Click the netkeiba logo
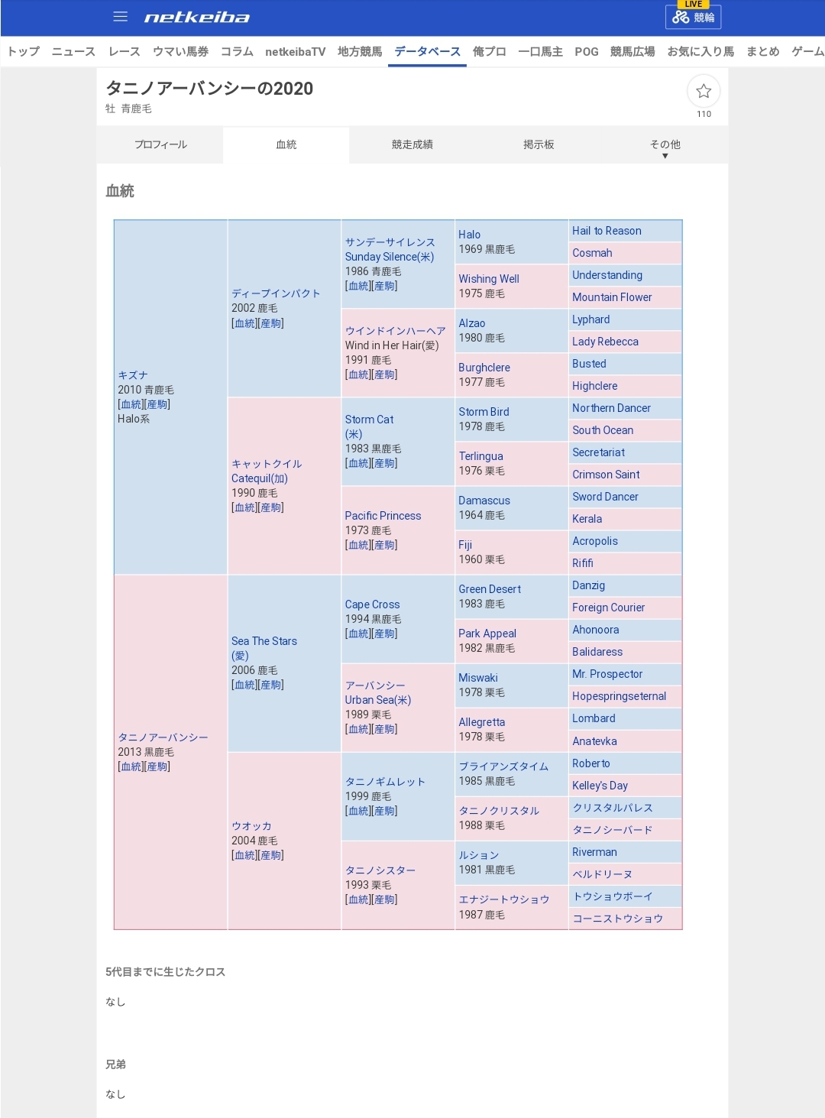[x=197, y=18]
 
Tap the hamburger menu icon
[x=120, y=17]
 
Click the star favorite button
[x=704, y=92]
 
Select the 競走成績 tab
[x=412, y=144]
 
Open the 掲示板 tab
[x=539, y=144]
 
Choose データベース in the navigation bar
[x=427, y=51]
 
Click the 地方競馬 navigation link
[x=359, y=51]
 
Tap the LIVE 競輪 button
[x=693, y=16]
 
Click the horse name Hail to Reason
[x=607, y=231]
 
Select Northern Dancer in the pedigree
[x=611, y=408]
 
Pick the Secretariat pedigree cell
[x=598, y=452]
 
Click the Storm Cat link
[x=369, y=420]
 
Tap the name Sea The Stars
[x=264, y=641]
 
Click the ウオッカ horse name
[x=251, y=826]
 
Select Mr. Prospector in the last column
[x=607, y=674]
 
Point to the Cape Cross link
[x=372, y=604]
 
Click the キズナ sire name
[x=133, y=375]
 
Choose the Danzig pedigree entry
[x=588, y=585]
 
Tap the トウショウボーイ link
[x=613, y=896]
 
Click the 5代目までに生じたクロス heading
[x=165, y=972]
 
